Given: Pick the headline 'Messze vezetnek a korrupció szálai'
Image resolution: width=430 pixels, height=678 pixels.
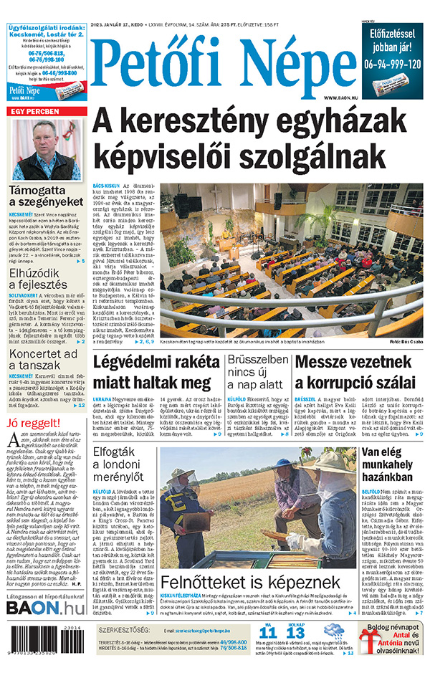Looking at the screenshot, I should pos(355,371).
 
